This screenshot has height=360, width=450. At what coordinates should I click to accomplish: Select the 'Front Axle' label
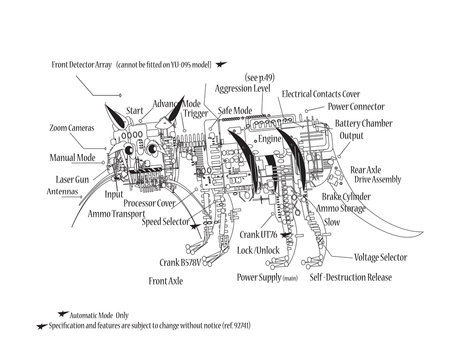click(x=170, y=283)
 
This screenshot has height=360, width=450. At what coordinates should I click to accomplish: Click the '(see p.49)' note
click(x=263, y=75)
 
